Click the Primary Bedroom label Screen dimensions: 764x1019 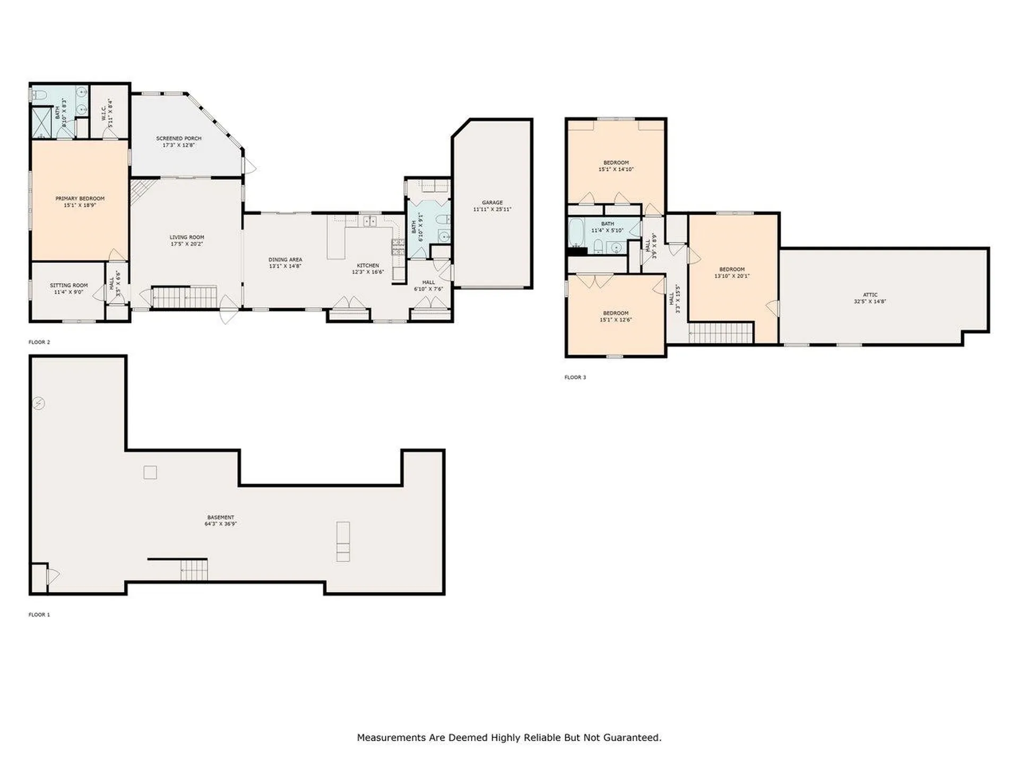pyautogui.click(x=80, y=198)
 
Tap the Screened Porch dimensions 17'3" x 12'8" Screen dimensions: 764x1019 pyautogui.click(x=179, y=145)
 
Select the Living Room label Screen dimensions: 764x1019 pyautogui.click(x=187, y=237)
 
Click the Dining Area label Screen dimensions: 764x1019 pyautogui.click(x=285, y=259)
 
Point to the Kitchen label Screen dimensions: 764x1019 pyautogui.click(x=368, y=265)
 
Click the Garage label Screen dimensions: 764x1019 pyautogui.click(x=492, y=202)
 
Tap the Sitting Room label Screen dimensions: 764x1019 pyautogui.click(x=68, y=285)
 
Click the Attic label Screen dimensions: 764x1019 pyautogui.click(x=870, y=294)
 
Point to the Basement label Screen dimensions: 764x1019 pyautogui.click(x=220, y=517)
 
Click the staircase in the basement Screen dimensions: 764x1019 pyautogui.click(x=194, y=571)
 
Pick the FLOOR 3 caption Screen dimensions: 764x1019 pyautogui.click(x=575, y=378)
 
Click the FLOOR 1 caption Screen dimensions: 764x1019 pyautogui.click(x=39, y=615)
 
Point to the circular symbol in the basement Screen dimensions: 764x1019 pyautogui.click(x=38, y=403)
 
